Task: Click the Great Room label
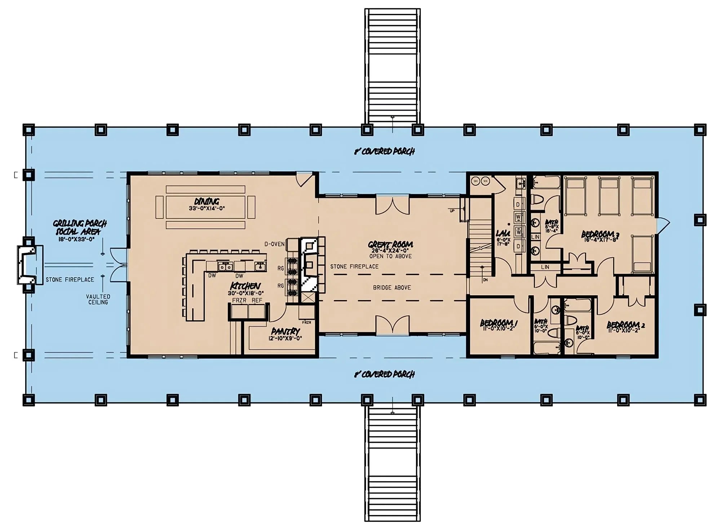coord(390,244)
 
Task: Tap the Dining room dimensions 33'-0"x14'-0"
coord(207,208)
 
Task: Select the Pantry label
coord(285,331)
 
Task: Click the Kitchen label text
coord(245,286)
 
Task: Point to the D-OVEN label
coord(274,244)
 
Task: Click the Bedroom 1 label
coord(499,323)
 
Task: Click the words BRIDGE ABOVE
coord(392,288)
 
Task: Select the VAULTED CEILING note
coord(98,299)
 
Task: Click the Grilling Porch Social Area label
coord(79,228)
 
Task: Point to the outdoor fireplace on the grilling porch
coord(29,265)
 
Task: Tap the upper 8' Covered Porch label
coord(384,151)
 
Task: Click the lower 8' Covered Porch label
coord(384,375)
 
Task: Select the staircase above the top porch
coord(392,65)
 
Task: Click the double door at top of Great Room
coord(392,205)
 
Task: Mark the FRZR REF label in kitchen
coord(247,300)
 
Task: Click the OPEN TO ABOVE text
coord(390,256)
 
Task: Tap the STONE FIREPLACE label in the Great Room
coord(354,267)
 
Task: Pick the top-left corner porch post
coord(28,129)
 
